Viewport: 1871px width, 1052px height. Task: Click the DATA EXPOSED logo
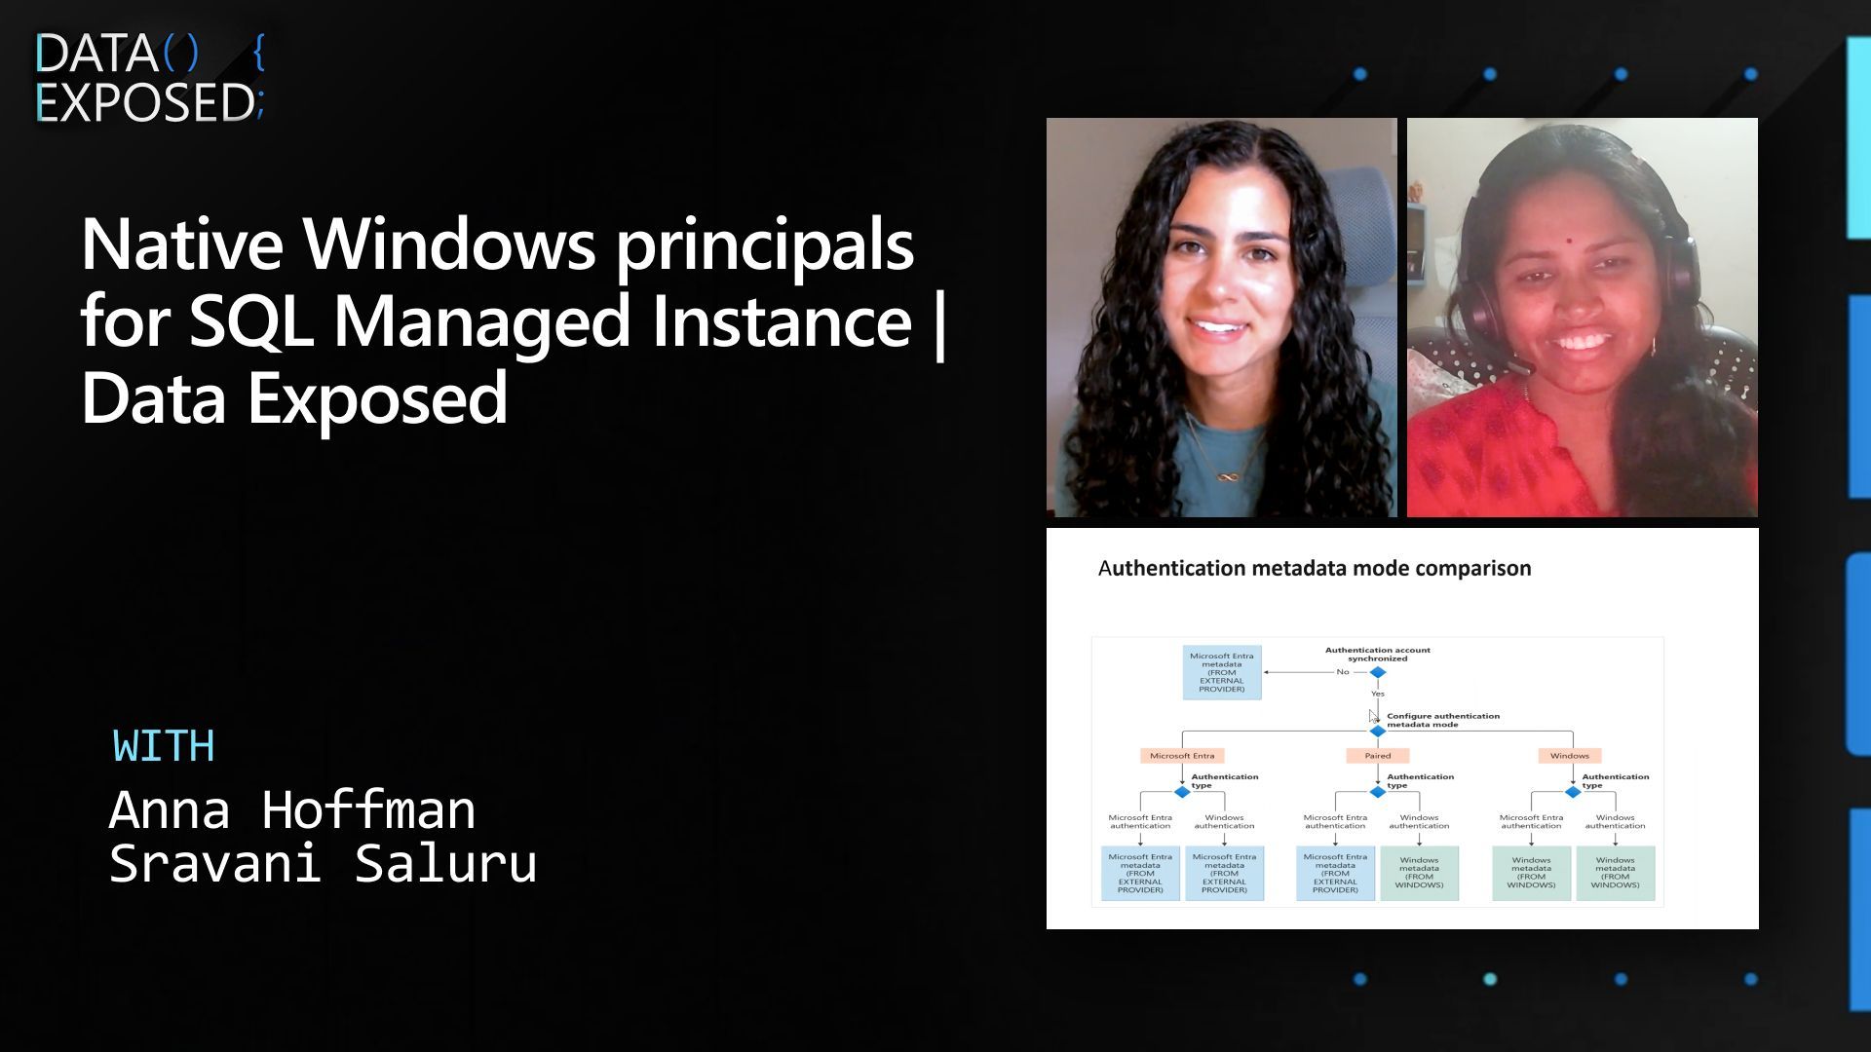click(148, 78)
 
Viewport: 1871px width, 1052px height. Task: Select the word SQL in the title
click(250, 320)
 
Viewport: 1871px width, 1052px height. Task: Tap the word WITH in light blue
click(164, 746)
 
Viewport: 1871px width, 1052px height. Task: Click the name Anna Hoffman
click(292, 809)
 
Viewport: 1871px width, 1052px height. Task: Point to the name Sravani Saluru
click(323, 863)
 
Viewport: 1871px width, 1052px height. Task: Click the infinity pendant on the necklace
click(1228, 476)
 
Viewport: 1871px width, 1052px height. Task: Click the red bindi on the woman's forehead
click(1570, 238)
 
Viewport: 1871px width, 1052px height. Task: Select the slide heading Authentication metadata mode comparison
click(1315, 568)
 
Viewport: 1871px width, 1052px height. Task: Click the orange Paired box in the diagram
click(1377, 756)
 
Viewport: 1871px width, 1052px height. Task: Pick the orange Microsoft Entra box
click(1182, 756)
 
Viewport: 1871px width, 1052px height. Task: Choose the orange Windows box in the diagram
click(1569, 756)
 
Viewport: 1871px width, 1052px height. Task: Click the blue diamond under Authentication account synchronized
click(1378, 672)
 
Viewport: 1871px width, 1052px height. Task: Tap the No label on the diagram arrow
click(1343, 672)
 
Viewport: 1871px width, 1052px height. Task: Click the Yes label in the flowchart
click(1378, 694)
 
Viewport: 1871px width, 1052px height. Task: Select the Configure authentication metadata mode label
click(1442, 720)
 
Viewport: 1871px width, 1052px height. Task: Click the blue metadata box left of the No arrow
click(1222, 672)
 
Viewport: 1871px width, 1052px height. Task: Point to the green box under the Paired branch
click(1419, 873)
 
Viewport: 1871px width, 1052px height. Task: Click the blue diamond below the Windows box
click(1572, 792)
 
